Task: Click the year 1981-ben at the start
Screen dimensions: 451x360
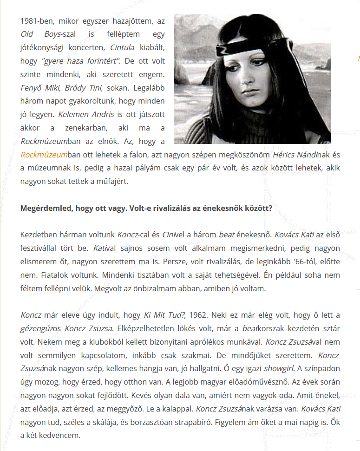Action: coord(36,21)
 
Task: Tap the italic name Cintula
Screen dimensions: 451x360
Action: coord(122,47)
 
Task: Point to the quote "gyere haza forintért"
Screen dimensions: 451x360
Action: coord(81,61)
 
